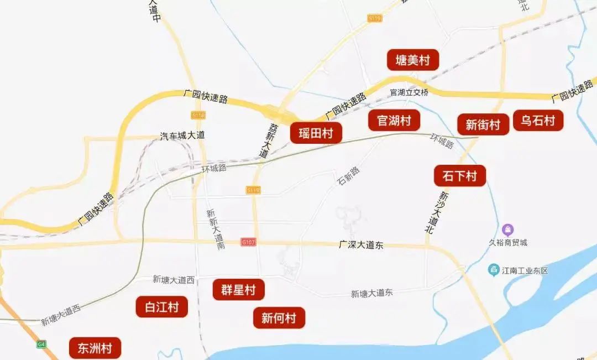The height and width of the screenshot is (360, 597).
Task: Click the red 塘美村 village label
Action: click(x=412, y=60)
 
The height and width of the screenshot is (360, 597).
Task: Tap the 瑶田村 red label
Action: click(x=316, y=133)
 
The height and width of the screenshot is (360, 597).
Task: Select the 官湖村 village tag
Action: click(x=394, y=120)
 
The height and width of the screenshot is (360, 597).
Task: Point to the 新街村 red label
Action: click(x=483, y=124)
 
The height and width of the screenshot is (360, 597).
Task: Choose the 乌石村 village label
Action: click(x=538, y=121)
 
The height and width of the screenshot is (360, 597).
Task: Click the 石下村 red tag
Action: click(x=459, y=176)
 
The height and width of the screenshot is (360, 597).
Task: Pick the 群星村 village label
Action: click(x=238, y=290)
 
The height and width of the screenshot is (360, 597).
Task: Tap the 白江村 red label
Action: click(x=161, y=307)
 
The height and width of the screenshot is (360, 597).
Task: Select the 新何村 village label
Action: click(x=279, y=318)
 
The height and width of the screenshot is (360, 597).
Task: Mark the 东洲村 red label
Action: click(x=95, y=348)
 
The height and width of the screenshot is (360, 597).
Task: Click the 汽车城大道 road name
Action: click(x=182, y=135)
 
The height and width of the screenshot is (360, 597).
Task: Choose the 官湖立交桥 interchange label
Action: click(x=409, y=92)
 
